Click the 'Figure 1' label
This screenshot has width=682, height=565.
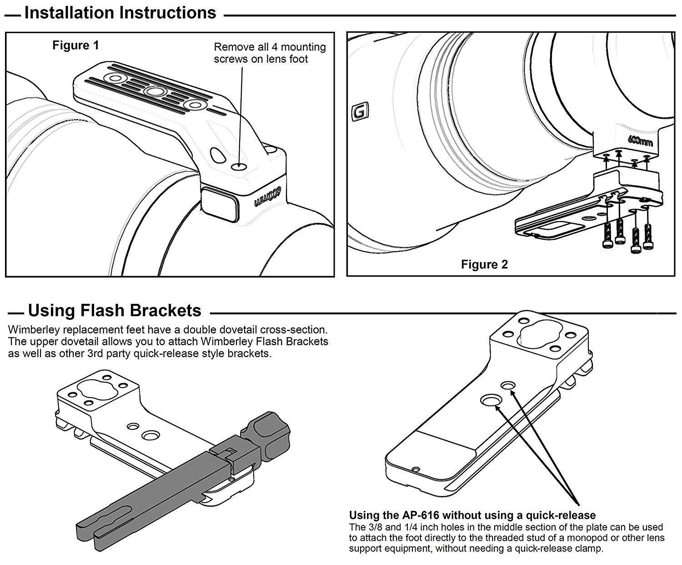tap(75, 45)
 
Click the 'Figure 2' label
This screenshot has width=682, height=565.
tap(484, 264)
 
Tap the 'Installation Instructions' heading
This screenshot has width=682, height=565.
tap(120, 13)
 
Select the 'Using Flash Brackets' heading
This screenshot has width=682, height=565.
tap(115, 310)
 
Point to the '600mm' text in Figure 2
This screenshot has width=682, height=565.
tap(640, 141)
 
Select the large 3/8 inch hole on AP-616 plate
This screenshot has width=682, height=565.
tap(491, 400)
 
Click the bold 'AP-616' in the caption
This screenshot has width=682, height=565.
tap(421, 515)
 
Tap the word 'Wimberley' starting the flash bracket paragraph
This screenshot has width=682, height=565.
tap(31, 329)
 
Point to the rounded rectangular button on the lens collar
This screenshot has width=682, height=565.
tap(220, 205)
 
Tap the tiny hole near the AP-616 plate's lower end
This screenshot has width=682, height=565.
tap(415, 469)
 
